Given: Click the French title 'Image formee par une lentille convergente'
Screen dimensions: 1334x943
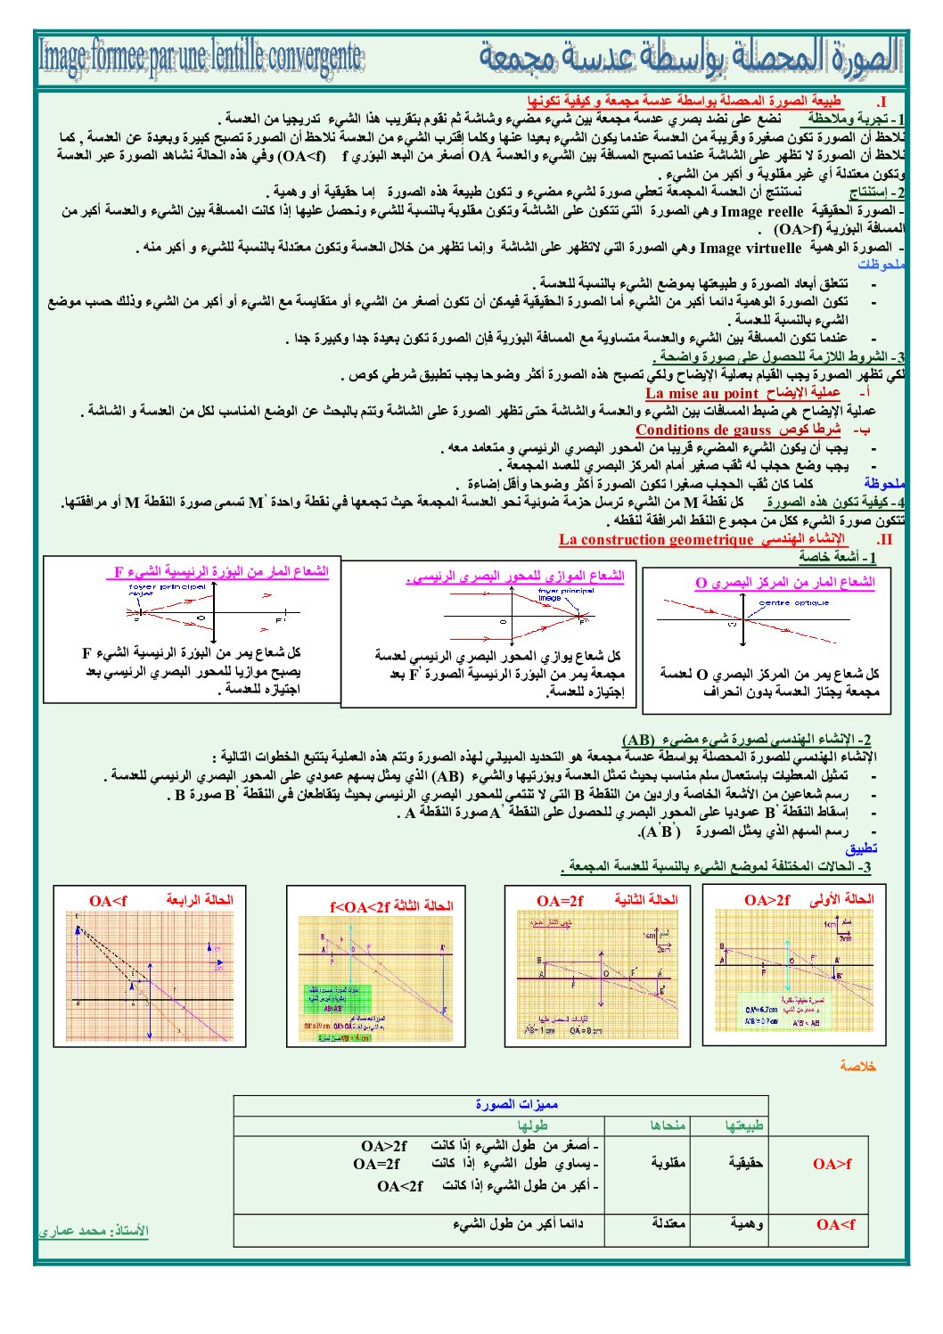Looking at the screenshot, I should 201,56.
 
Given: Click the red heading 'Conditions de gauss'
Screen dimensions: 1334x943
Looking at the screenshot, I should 702,430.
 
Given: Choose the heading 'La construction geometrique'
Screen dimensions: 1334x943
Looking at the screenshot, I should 655,539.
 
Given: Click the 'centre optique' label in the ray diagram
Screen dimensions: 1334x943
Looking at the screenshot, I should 793,603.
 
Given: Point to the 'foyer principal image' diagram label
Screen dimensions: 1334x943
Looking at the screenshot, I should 565,593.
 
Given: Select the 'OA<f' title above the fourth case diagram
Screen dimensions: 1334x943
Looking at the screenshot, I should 108,901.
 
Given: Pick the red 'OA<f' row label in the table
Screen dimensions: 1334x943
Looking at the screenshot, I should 835,1224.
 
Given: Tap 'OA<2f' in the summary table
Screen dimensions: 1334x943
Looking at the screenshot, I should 399,1186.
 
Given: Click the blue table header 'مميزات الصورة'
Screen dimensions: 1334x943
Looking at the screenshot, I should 516,1105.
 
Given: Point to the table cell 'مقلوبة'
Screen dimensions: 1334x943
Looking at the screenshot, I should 667,1163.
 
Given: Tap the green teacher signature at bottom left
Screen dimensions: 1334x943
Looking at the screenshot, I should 93,1231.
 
